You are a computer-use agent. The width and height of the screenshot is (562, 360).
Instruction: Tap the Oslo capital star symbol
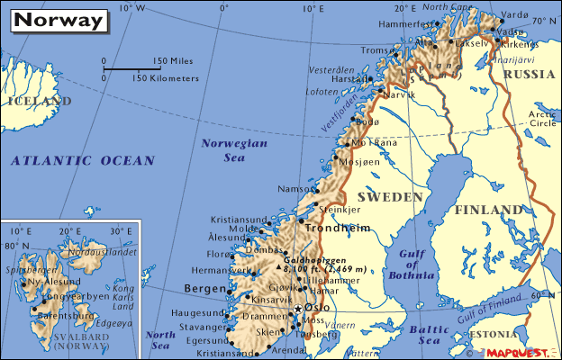point(297,310)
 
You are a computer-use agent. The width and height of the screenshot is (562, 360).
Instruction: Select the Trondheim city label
point(339,229)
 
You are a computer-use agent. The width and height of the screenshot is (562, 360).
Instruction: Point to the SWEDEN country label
point(389,196)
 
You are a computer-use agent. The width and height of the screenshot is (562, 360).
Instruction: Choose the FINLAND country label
point(489,210)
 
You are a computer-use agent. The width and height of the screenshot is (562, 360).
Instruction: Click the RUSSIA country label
point(529,75)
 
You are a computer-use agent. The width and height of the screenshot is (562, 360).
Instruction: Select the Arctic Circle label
point(542,118)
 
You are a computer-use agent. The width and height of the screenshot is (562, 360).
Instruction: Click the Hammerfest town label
point(381,23)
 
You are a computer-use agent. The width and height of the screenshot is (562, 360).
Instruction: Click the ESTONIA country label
point(504,334)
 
